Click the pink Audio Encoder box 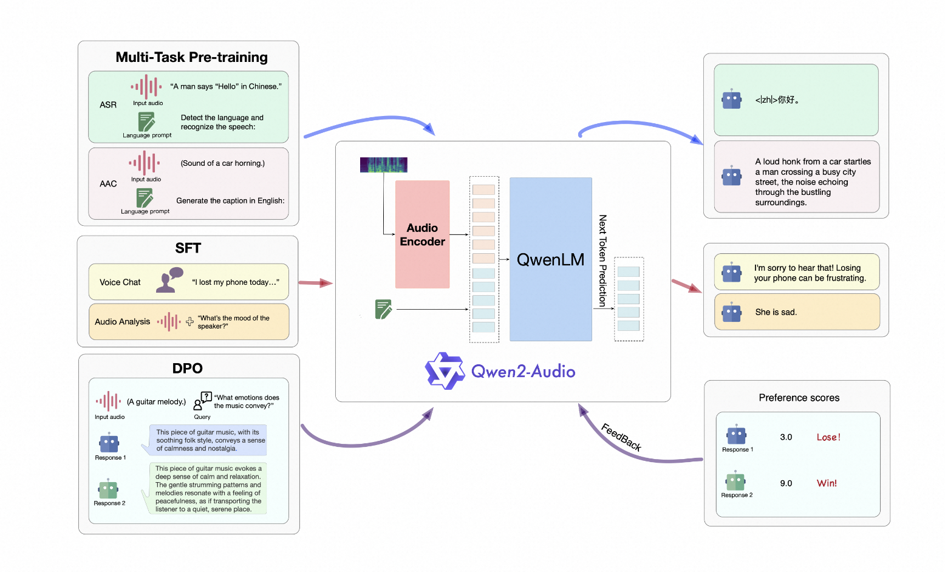pos(422,234)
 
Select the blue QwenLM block pos(551,259)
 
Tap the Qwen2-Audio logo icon pos(445,371)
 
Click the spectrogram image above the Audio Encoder pos(383,165)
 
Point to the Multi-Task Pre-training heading pos(191,57)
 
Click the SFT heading pos(188,248)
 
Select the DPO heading pos(187,368)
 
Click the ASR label pos(108,104)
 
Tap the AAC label pos(108,183)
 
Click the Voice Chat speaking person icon pos(169,280)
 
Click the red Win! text pos(827,483)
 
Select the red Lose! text pos(828,437)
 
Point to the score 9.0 pos(786,483)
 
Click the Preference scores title pos(799,397)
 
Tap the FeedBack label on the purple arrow pos(621,437)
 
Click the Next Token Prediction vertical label pos(602,260)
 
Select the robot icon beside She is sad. pos(732,312)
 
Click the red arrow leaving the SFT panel pos(316,282)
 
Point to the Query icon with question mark pos(202,401)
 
